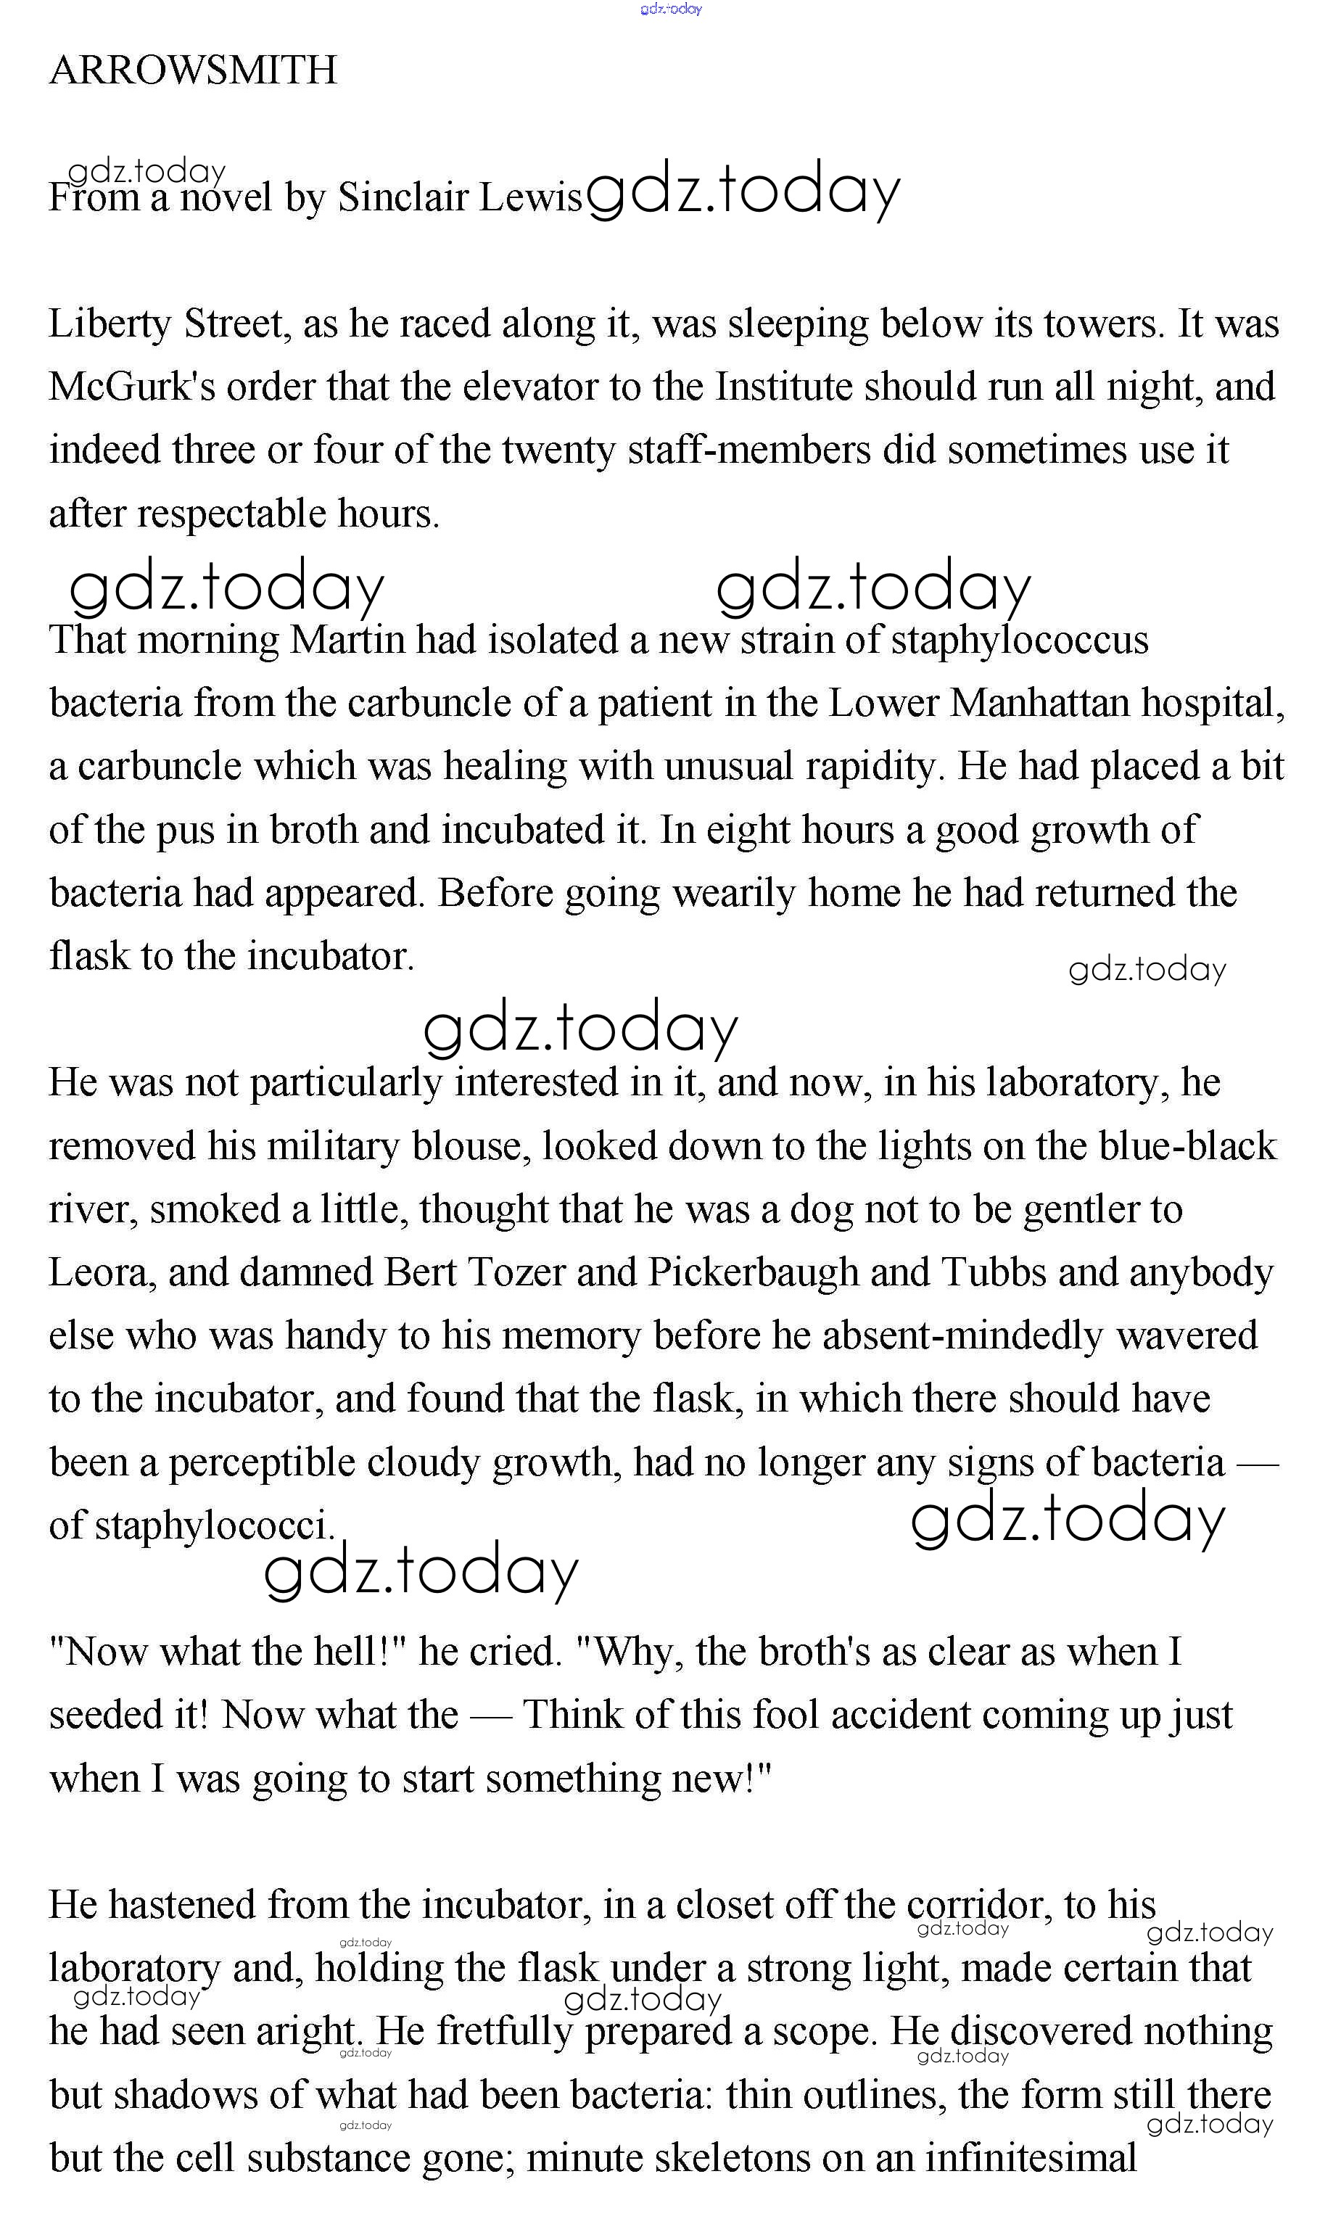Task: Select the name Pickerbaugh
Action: pos(754,1272)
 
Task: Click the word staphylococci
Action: pos(214,1526)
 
